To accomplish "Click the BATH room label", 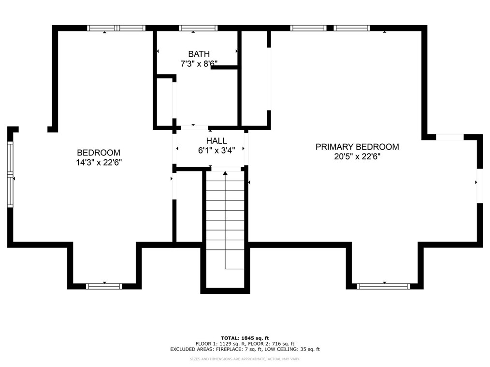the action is (199, 54).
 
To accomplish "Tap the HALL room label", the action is (216, 140).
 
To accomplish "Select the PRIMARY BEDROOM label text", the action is (357, 147).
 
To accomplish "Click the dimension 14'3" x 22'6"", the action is (99, 162).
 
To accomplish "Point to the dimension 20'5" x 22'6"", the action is (357, 156).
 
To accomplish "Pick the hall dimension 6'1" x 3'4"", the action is (216, 150).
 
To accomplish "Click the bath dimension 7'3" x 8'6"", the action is (199, 63).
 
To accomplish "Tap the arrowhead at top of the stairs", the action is (225, 173).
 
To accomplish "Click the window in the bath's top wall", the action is (198, 28).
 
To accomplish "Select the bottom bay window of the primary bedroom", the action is (383, 286).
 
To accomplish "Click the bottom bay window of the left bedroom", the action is (104, 286).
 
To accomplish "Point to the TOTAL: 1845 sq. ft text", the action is (245, 338).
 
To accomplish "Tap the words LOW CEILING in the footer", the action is (286, 349).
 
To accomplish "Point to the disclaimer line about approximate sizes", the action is (245, 359).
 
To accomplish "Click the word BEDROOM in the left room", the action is (99, 153).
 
